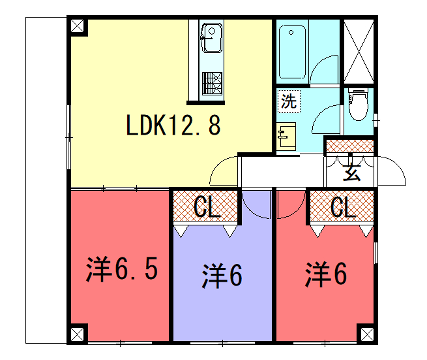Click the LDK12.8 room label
click(x=173, y=127)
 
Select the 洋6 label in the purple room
click(x=222, y=275)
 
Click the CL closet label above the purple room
click(x=208, y=208)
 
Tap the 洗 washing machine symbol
click(x=288, y=101)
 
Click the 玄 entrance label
click(x=352, y=172)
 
